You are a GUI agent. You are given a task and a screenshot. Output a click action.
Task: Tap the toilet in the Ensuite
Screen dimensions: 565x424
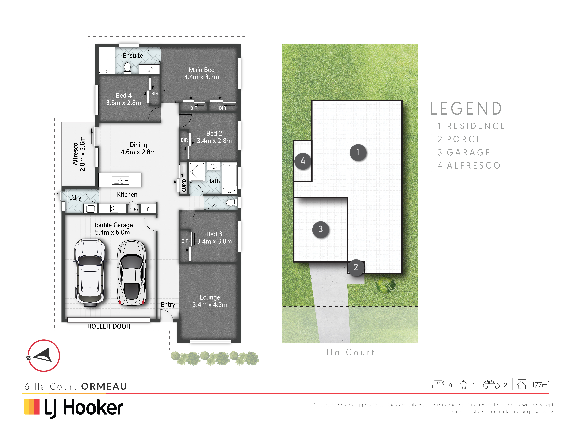(x=127, y=68)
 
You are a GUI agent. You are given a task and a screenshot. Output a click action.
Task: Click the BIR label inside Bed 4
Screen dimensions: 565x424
(x=155, y=94)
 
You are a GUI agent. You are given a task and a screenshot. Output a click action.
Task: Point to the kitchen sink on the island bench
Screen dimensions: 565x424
(x=121, y=180)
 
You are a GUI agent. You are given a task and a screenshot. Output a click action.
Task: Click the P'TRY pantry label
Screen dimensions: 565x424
(x=133, y=209)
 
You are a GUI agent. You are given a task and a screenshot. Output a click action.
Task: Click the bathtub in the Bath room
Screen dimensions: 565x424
(x=229, y=178)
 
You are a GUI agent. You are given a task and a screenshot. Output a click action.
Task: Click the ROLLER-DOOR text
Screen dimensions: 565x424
(x=109, y=326)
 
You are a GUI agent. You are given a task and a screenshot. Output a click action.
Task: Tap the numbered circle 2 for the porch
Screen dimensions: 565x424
(x=356, y=267)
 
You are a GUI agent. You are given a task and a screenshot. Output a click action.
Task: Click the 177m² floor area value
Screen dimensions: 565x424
(x=540, y=385)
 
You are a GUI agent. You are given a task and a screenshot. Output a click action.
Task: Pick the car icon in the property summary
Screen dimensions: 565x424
(x=491, y=385)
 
